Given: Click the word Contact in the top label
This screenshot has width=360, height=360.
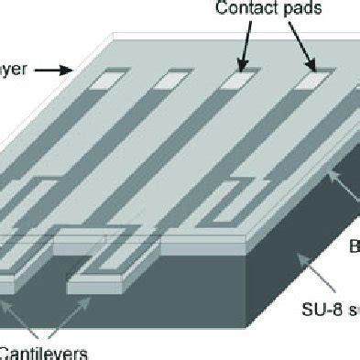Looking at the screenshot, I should [x=239, y=10].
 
